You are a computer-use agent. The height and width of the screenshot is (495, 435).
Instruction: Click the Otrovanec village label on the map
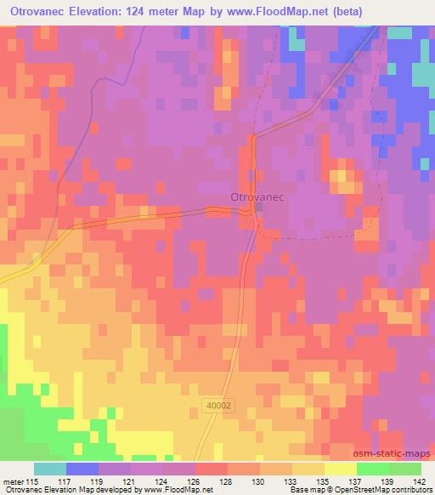pos(256,196)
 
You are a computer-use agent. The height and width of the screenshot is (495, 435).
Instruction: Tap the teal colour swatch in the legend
pos(50,469)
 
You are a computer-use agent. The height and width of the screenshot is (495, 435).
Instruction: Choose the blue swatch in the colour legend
pos(82,469)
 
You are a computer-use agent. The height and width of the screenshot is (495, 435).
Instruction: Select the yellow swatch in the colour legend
pos(341,469)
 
